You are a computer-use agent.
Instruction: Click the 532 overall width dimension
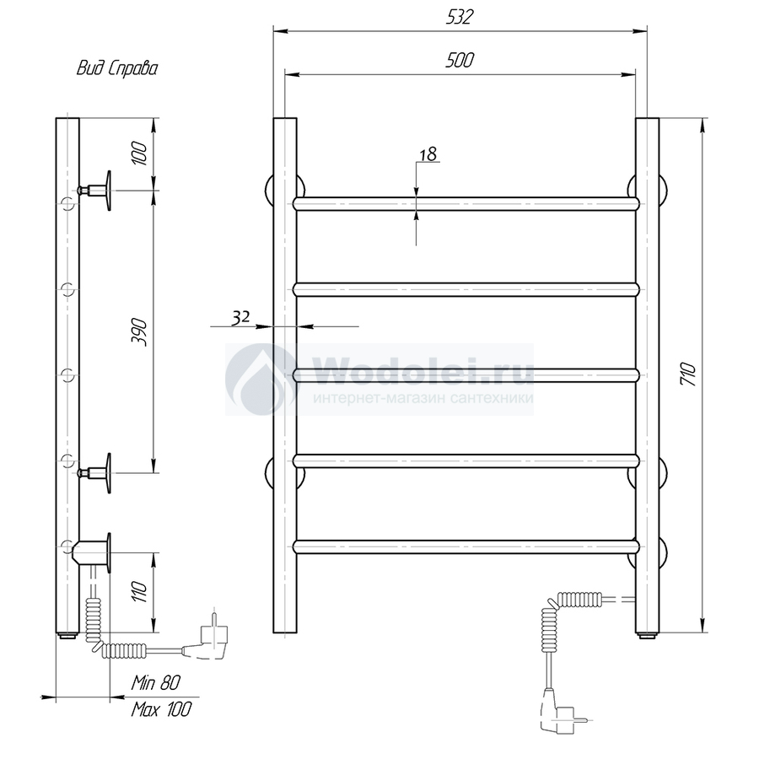tap(459, 17)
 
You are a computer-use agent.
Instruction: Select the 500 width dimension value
tap(460, 60)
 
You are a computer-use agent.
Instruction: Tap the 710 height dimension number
tap(688, 374)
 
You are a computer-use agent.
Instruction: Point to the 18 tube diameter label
tap(428, 154)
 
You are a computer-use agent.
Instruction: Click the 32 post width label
tap(240, 317)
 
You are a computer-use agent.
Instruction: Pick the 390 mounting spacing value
tap(139, 331)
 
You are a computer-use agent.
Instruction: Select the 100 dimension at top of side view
tap(139, 153)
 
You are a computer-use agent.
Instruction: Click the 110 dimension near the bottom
tap(139, 591)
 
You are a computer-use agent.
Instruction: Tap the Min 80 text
tap(155, 682)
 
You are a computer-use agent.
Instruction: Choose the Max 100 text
tap(161, 709)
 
